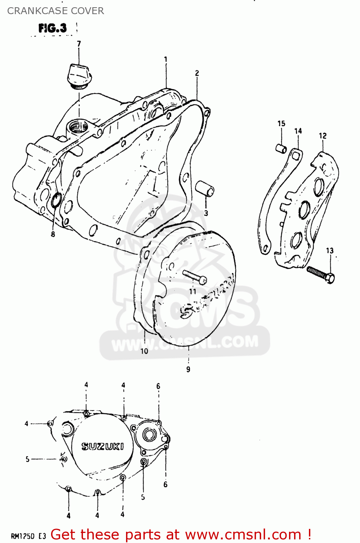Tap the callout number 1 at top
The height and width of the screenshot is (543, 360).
click(x=166, y=59)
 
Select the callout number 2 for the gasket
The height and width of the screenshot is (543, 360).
click(x=197, y=73)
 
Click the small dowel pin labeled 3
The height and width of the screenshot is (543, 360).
click(x=205, y=189)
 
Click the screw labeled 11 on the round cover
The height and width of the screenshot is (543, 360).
click(x=194, y=277)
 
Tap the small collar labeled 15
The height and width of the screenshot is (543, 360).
click(x=281, y=148)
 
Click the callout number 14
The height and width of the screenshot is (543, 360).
click(x=298, y=131)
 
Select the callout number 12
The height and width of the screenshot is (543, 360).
click(x=323, y=136)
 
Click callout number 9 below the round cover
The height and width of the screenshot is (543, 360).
click(x=188, y=370)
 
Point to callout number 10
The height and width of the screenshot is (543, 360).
click(x=144, y=351)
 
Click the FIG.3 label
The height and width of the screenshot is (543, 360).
click(x=53, y=28)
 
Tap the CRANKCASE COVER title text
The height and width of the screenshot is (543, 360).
click(x=55, y=11)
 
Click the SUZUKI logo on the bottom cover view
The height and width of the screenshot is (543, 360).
click(x=102, y=446)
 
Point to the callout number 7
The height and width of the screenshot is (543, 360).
click(x=79, y=44)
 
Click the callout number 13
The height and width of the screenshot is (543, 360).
click(x=330, y=251)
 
